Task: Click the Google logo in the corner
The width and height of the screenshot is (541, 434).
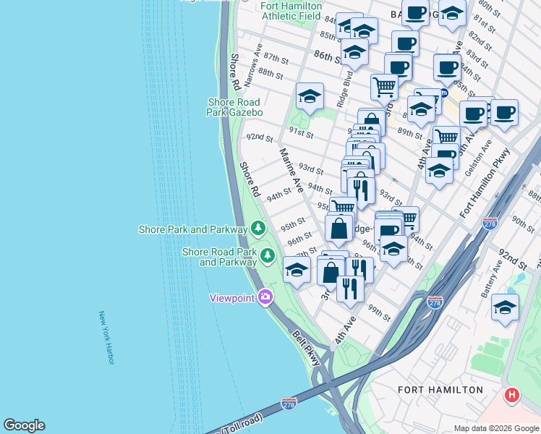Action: (x=24, y=425)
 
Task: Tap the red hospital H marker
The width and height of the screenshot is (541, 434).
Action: (x=512, y=395)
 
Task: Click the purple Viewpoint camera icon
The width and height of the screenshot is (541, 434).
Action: (x=265, y=297)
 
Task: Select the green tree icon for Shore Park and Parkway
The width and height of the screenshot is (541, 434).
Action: (x=258, y=229)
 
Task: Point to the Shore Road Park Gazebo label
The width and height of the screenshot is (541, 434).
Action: (x=235, y=107)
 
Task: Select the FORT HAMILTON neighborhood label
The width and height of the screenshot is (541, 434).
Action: (x=440, y=390)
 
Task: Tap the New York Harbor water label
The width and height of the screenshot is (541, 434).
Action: (x=106, y=338)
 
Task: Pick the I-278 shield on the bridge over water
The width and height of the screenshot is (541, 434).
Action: (x=289, y=402)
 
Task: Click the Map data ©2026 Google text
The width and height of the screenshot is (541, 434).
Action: (x=496, y=428)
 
